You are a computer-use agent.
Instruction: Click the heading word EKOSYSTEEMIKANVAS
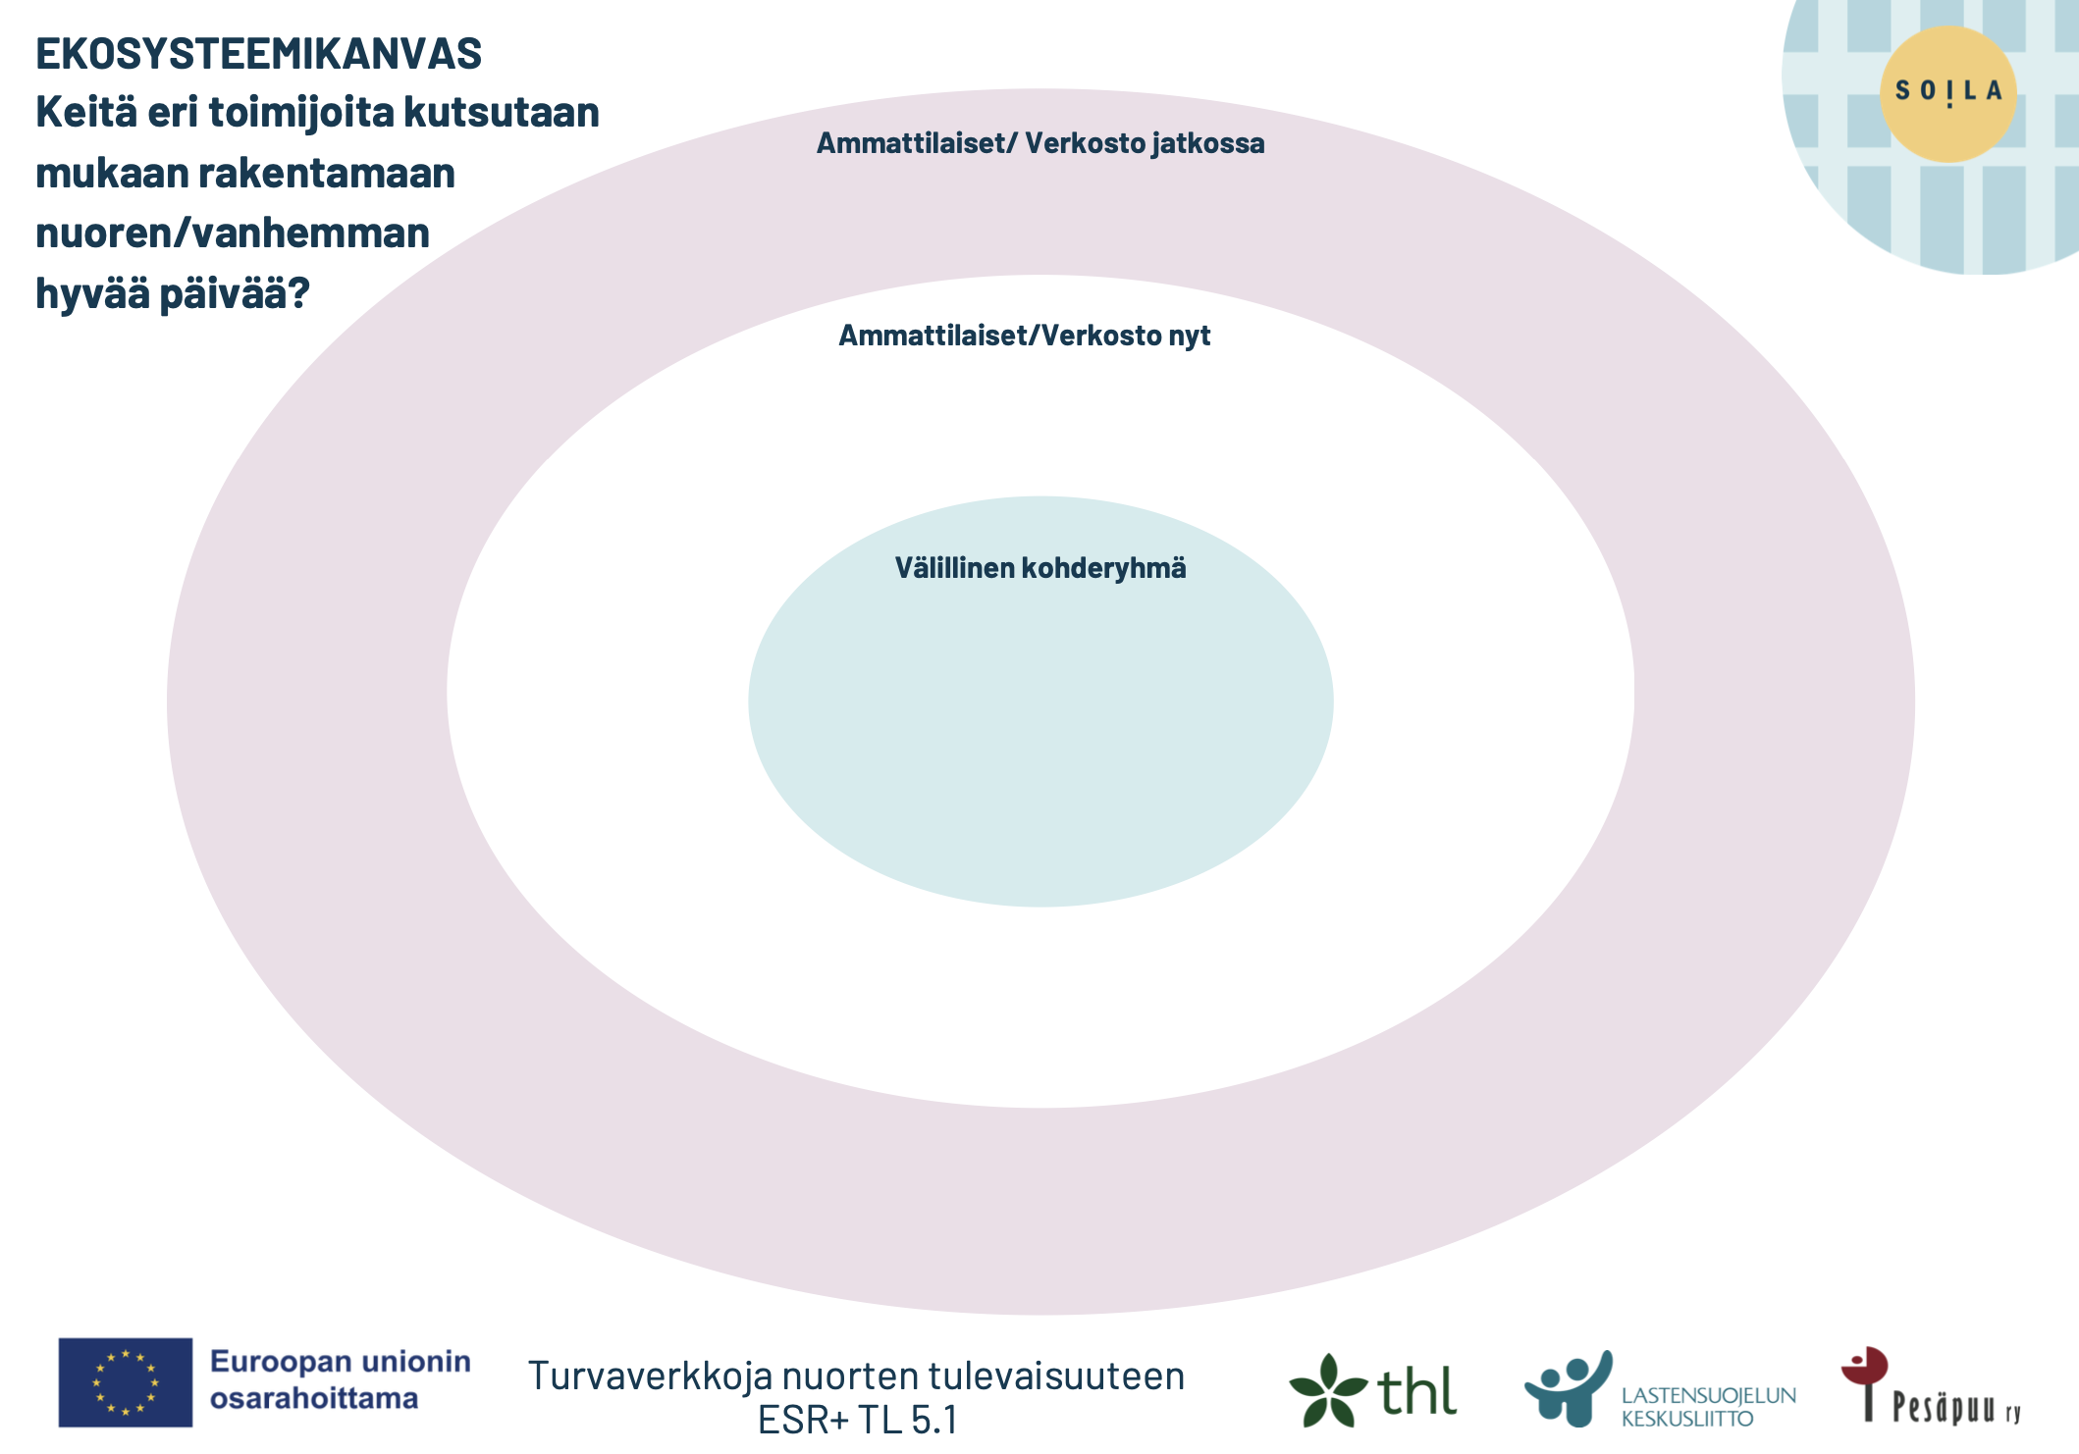[258, 54]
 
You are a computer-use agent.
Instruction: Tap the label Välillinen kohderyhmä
[1040, 568]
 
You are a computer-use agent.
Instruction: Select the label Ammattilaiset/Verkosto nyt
[1024, 336]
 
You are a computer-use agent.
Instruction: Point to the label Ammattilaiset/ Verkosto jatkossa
[1040, 143]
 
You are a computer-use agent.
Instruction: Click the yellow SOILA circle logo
[1947, 93]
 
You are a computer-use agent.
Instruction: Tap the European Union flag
[125, 1382]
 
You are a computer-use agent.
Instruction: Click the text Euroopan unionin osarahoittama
[340, 1379]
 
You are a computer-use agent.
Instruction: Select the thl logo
[1374, 1390]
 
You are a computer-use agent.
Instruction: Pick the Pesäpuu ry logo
[1929, 1387]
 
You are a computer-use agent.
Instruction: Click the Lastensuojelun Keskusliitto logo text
[1708, 1407]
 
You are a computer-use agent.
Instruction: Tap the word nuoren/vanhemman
[233, 234]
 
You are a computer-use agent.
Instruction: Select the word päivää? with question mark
[235, 293]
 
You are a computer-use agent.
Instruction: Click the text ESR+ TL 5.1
[857, 1420]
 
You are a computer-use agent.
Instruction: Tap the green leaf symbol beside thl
[1327, 1390]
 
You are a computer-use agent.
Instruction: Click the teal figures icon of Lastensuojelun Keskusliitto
[1568, 1386]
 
